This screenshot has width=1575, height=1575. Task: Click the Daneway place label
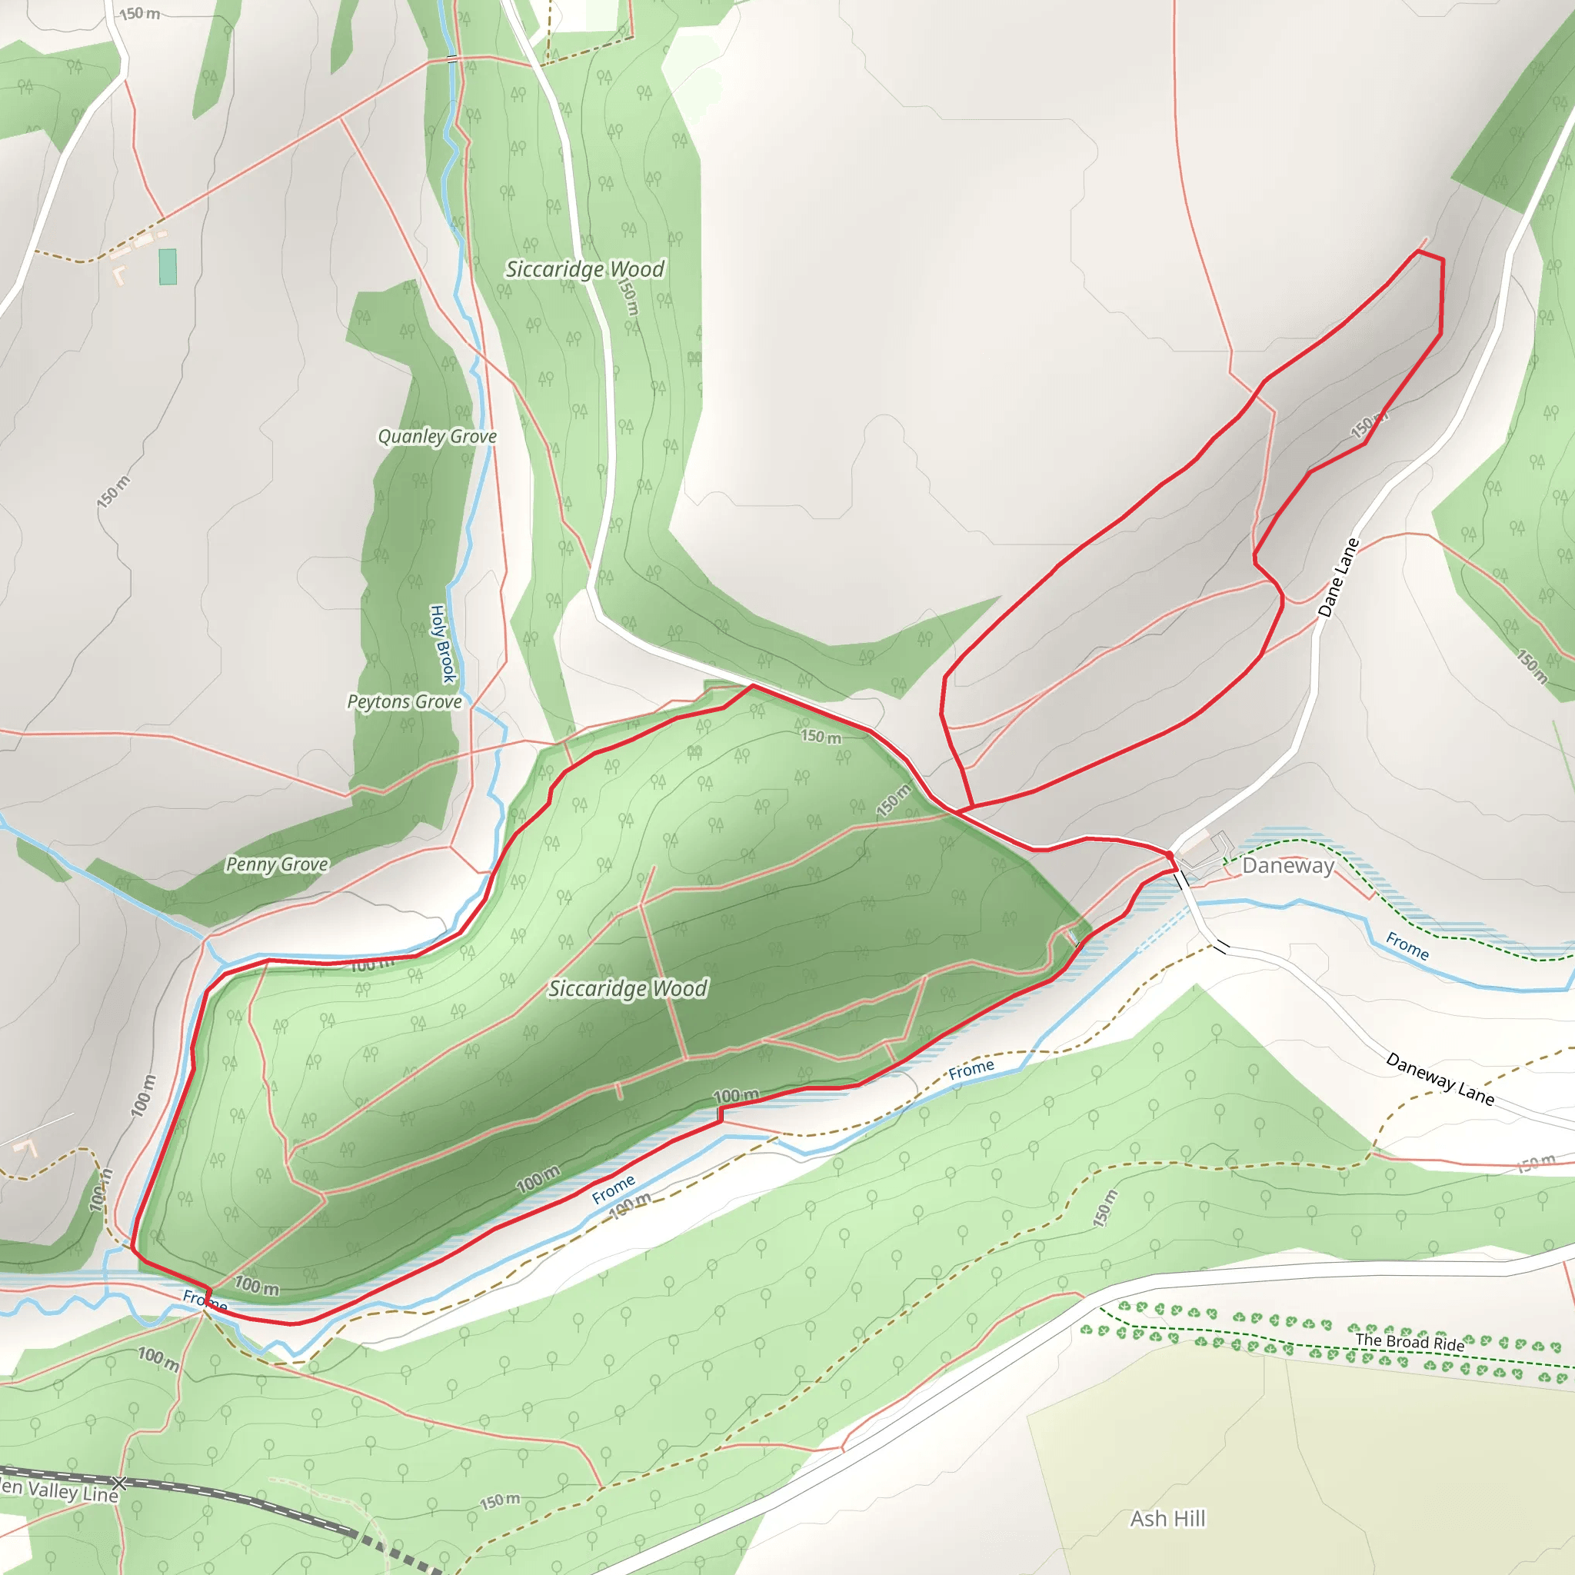click(x=1287, y=866)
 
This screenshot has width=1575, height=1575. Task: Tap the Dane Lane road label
click(x=1339, y=578)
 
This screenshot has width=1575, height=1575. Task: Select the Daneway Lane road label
click(x=1440, y=1079)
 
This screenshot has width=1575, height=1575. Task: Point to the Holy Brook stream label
click(x=442, y=644)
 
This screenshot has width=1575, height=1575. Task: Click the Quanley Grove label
click(x=437, y=437)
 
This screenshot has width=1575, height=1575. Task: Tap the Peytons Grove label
click(x=405, y=702)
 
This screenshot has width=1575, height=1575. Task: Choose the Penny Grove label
click(x=277, y=864)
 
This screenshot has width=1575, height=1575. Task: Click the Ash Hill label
click(x=1167, y=1519)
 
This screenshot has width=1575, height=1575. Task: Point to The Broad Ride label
click(x=1410, y=1342)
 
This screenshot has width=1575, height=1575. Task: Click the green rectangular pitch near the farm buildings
click(x=168, y=267)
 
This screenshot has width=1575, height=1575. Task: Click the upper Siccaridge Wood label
click(x=584, y=269)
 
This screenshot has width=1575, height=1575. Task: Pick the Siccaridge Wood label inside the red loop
click(x=628, y=989)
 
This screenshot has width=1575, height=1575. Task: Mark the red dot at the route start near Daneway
click(x=1170, y=854)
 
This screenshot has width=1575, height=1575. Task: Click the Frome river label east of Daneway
click(x=1407, y=947)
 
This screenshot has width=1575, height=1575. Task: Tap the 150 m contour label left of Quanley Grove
click(x=112, y=491)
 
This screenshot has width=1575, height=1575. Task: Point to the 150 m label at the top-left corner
click(x=139, y=14)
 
